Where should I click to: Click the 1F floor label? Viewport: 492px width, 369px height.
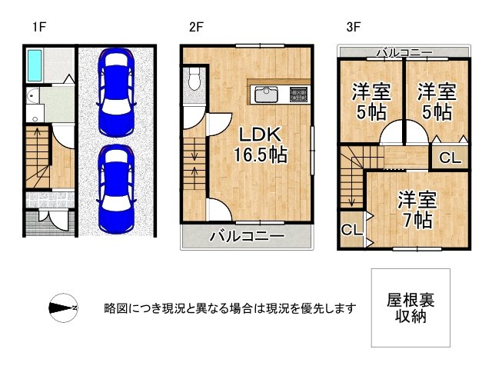pos(39,28)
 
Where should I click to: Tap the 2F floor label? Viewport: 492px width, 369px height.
pos(195,28)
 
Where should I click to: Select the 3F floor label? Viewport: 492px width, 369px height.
pos(353,28)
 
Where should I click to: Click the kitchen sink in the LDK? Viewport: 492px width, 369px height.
pos(267,94)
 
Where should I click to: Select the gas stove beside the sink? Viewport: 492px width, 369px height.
pos(298,94)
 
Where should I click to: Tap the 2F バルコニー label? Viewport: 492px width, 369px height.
pos(247,236)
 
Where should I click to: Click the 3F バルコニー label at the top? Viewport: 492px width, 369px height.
pos(404,53)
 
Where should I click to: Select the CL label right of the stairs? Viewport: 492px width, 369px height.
pos(451,158)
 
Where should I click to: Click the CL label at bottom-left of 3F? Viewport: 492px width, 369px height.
pos(351,230)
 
